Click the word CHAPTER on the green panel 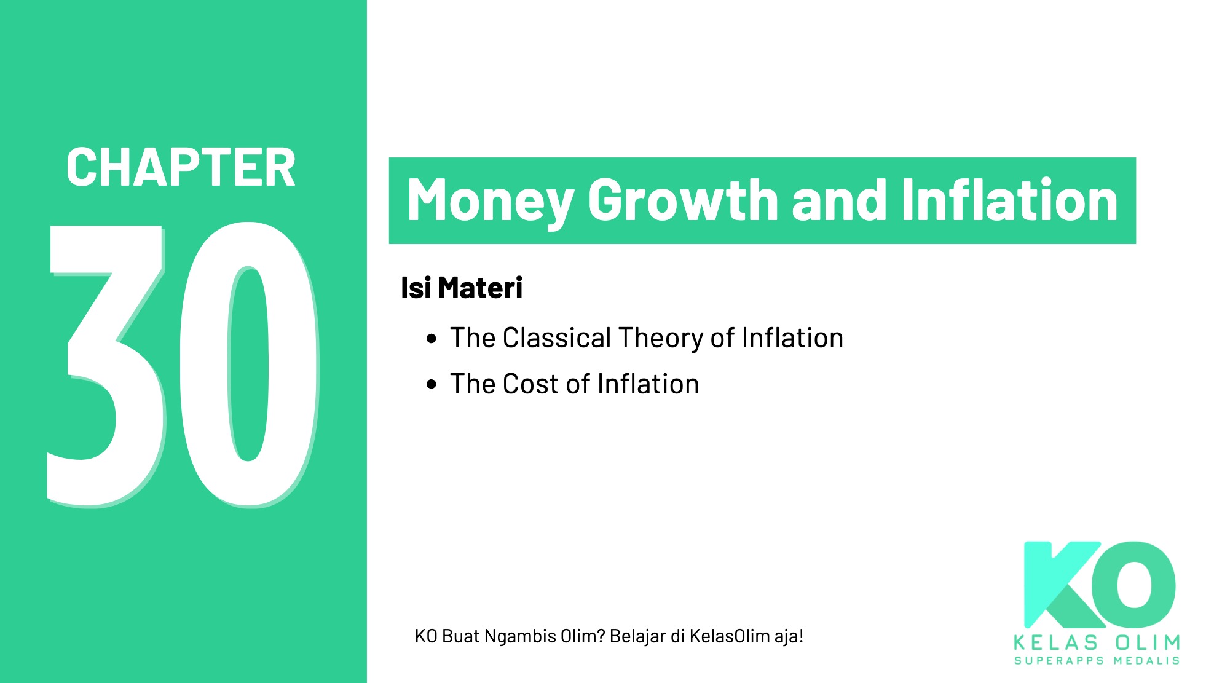coord(181,167)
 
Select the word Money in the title coord(490,200)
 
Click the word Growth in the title coord(683,200)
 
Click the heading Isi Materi coord(461,288)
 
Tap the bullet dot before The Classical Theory coord(432,339)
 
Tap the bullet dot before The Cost coord(432,385)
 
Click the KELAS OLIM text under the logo coord(1097,643)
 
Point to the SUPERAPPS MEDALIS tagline coord(1097,661)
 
